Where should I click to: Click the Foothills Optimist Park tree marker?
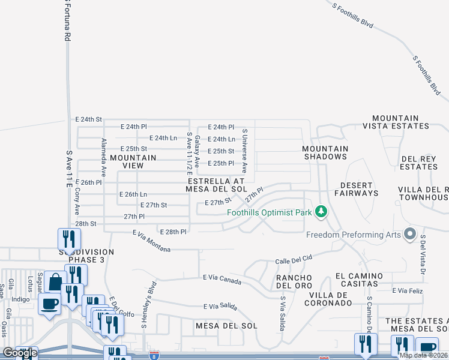[x=322, y=211]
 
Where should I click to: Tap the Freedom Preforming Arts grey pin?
[x=411, y=233]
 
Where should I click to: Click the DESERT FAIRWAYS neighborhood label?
[x=359, y=189]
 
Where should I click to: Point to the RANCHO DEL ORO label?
[x=294, y=281]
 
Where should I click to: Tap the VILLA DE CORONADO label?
[x=329, y=299]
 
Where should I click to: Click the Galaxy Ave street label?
[x=197, y=151]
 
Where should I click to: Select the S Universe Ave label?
[x=244, y=150]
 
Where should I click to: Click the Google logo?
[x=20, y=352]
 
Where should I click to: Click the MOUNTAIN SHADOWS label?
[x=325, y=152]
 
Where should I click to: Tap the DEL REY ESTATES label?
[x=418, y=162]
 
